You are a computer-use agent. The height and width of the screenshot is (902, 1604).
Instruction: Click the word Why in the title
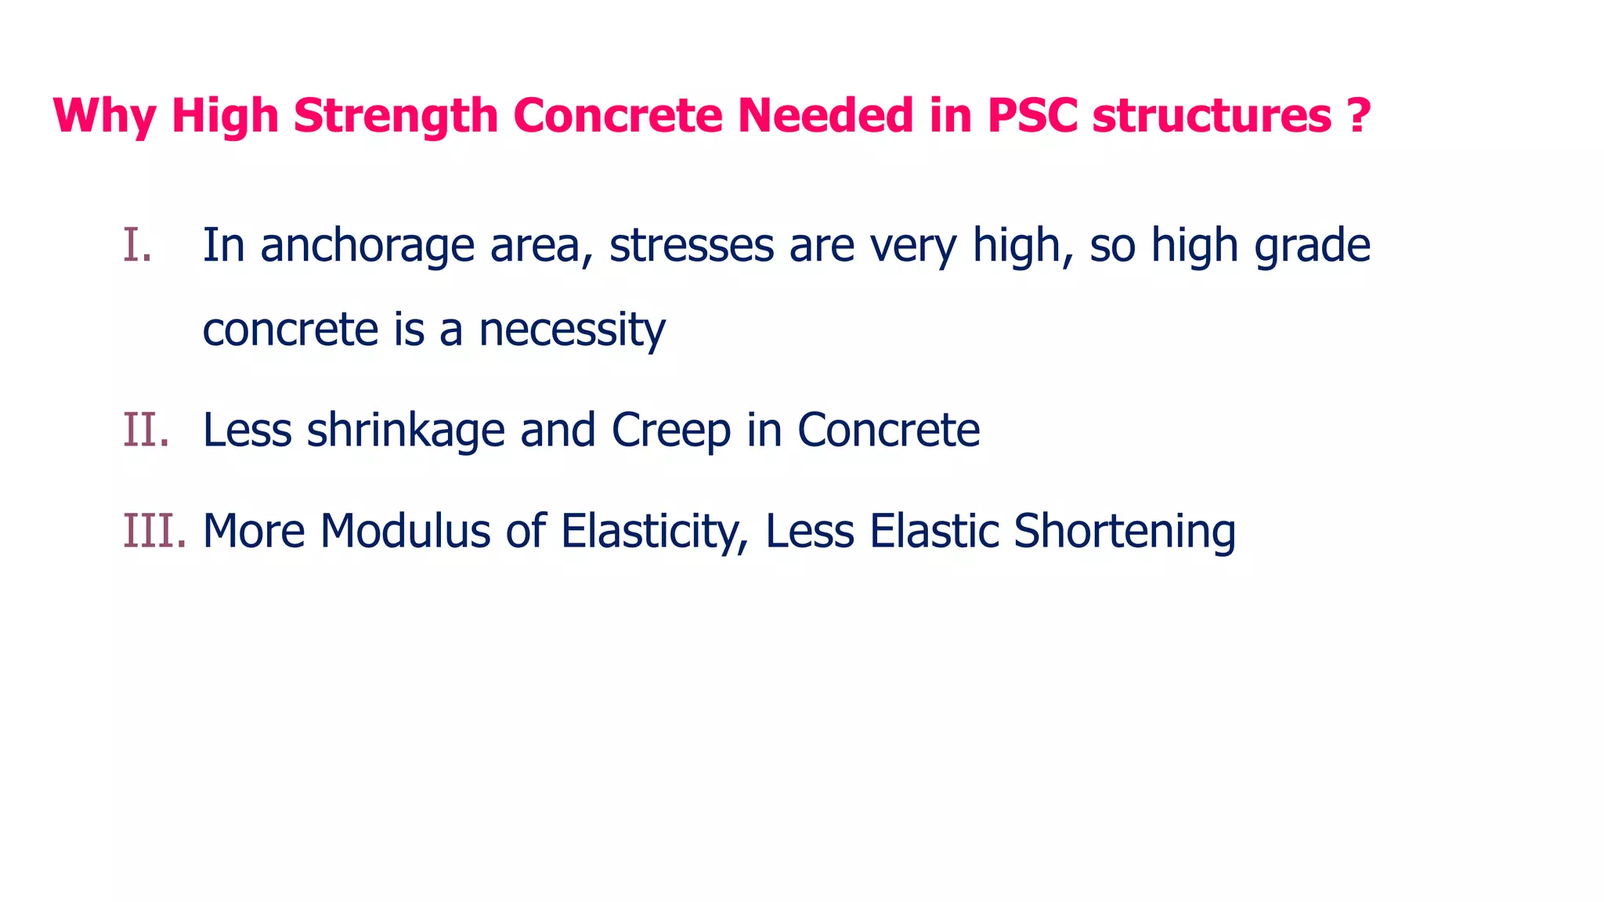click(104, 116)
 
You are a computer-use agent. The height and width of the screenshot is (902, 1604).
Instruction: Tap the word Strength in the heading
click(396, 116)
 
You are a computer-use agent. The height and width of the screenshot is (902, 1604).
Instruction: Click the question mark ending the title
click(1360, 116)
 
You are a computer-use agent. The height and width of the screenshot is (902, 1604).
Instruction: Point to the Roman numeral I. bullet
click(137, 245)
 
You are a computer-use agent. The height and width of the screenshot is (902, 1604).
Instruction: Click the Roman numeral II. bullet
click(146, 430)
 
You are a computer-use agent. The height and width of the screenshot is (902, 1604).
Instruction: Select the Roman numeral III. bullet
click(154, 531)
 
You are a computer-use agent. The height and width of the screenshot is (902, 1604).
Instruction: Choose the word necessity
click(572, 330)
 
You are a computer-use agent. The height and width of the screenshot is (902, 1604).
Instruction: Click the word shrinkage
click(406, 431)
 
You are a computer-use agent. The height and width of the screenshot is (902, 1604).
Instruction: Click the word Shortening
click(1125, 532)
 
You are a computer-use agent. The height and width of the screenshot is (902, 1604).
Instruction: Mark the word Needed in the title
click(825, 116)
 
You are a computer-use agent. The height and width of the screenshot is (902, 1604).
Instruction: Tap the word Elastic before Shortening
click(934, 531)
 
